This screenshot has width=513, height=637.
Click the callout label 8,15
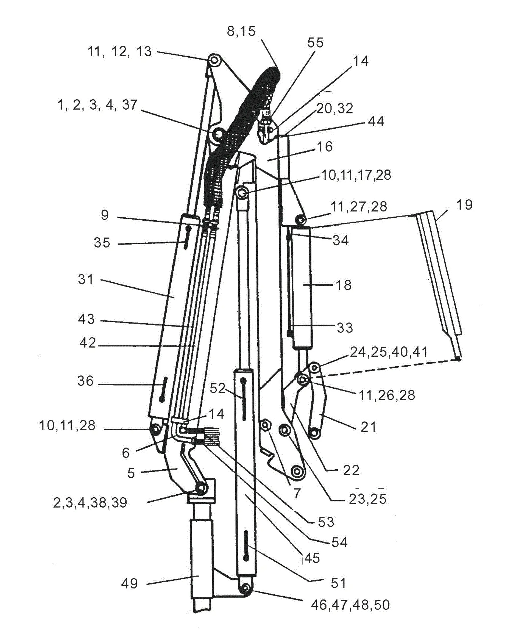click(241, 31)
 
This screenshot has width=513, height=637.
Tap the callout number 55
click(315, 43)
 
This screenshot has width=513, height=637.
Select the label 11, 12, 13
click(119, 52)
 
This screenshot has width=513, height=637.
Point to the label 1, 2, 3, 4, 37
click(97, 105)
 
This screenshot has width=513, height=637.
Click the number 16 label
click(325, 147)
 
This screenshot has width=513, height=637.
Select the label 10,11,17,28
click(356, 175)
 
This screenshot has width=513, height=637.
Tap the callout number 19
click(464, 205)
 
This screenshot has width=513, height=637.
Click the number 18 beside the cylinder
click(343, 285)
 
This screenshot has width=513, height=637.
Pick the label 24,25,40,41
click(389, 352)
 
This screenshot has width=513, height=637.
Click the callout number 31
click(86, 279)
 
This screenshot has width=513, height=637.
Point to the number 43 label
click(86, 319)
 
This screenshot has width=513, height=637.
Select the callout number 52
click(218, 388)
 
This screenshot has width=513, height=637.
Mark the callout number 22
click(351, 470)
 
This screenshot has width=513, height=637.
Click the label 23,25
click(368, 499)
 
